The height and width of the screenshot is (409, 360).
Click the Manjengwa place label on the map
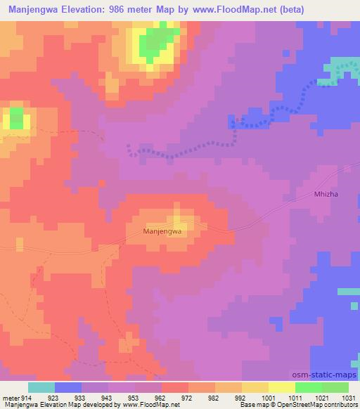click(x=162, y=231)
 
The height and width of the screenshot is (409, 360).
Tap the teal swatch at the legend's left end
click(x=41, y=387)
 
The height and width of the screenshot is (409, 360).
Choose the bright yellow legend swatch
click(x=282, y=387)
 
